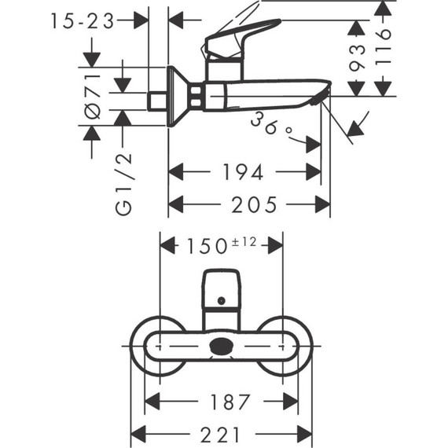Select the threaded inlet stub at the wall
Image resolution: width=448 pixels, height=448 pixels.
[158, 101]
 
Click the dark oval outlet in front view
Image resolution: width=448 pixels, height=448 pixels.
[222, 345]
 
